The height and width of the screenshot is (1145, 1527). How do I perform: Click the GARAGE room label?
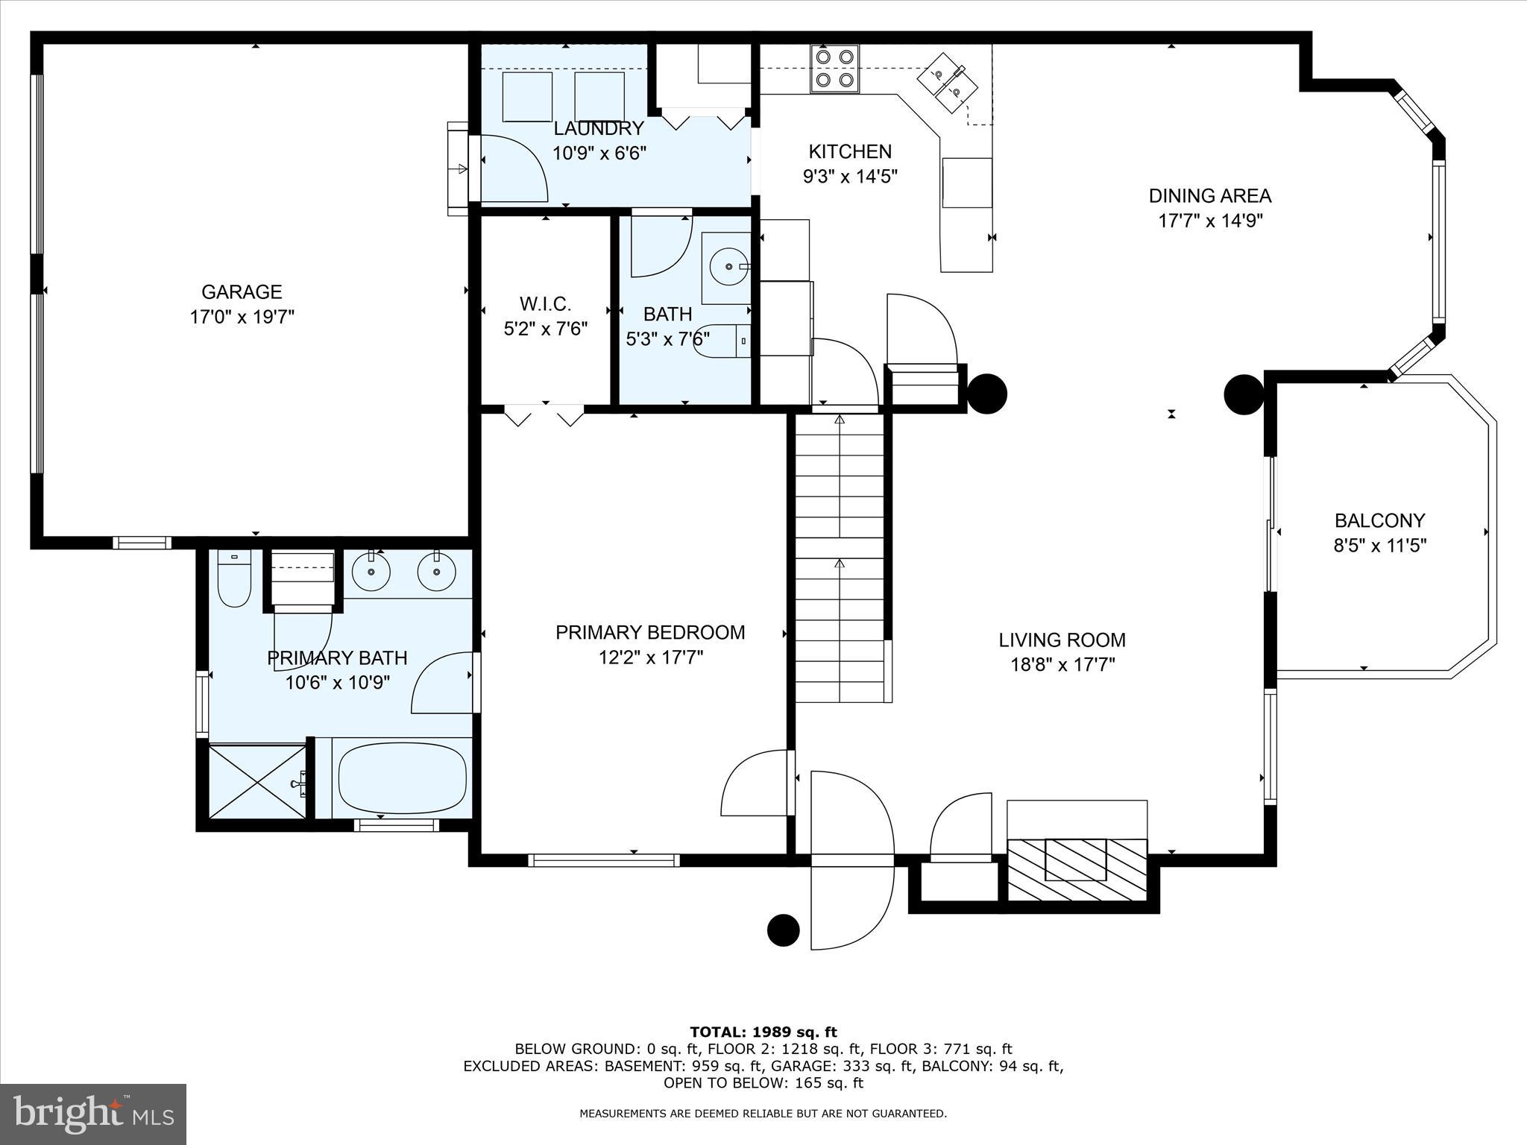(242, 291)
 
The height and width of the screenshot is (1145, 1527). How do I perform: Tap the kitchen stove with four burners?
(834, 69)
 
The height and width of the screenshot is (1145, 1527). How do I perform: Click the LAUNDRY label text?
(598, 128)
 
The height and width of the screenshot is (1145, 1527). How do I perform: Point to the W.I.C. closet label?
(545, 304)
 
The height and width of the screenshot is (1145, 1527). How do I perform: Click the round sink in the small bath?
(728, 265)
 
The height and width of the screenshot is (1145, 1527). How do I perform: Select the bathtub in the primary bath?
(403, 778)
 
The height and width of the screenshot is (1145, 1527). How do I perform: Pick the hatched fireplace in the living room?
(1077, 869)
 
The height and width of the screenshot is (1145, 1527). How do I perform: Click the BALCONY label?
(1379, 520)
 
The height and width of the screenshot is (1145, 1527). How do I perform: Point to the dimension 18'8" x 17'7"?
(1062, 664)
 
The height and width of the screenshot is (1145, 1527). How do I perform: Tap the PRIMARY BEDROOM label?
(650, 632)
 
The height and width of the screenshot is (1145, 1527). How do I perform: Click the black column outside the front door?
(784, 930)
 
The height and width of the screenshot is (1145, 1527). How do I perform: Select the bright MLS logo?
(93, 1114)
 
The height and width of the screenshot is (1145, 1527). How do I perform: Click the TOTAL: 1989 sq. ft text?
(763, 1032)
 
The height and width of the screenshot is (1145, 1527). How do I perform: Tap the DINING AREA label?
(1209, 195)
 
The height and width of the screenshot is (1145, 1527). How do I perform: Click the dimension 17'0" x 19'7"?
(242, 317)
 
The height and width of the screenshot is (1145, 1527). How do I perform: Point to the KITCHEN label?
(850, 151)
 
